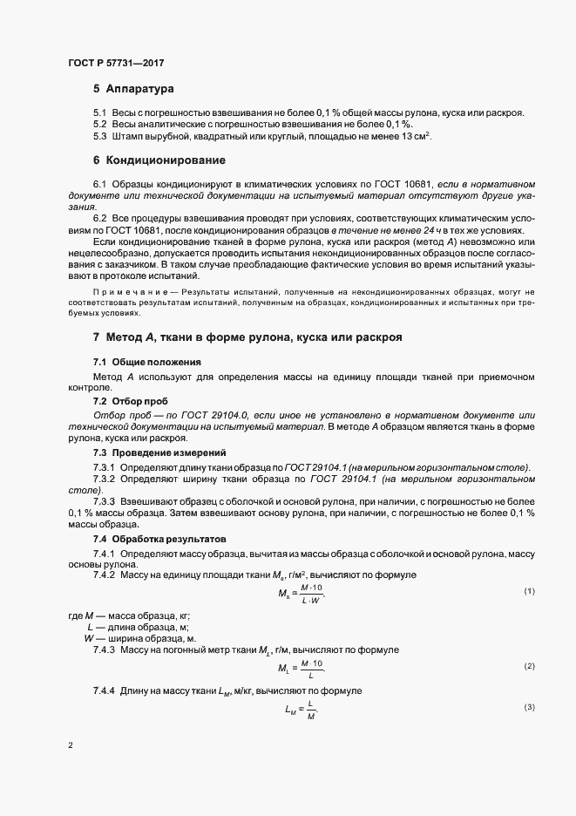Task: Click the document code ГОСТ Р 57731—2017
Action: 115,62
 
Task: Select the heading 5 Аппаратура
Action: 133,89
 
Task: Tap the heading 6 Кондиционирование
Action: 160,160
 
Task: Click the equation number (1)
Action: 529,592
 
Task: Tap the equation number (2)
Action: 529,666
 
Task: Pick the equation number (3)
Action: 529,707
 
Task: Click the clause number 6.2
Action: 99,216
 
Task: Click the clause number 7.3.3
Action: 105,504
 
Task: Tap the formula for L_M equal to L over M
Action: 301,710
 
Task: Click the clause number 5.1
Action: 99,113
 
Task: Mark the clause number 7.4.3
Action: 105,650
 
